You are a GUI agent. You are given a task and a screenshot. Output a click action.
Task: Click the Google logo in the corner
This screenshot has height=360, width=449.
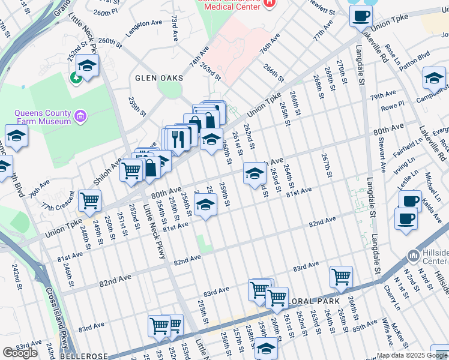20,353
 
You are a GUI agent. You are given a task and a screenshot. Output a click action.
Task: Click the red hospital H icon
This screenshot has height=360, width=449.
269,3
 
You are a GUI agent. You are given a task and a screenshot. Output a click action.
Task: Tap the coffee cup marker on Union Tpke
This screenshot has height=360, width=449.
360,16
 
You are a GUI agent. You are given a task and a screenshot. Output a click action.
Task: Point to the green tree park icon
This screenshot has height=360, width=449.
76,77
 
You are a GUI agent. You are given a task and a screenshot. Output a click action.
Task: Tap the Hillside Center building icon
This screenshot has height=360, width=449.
413,256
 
